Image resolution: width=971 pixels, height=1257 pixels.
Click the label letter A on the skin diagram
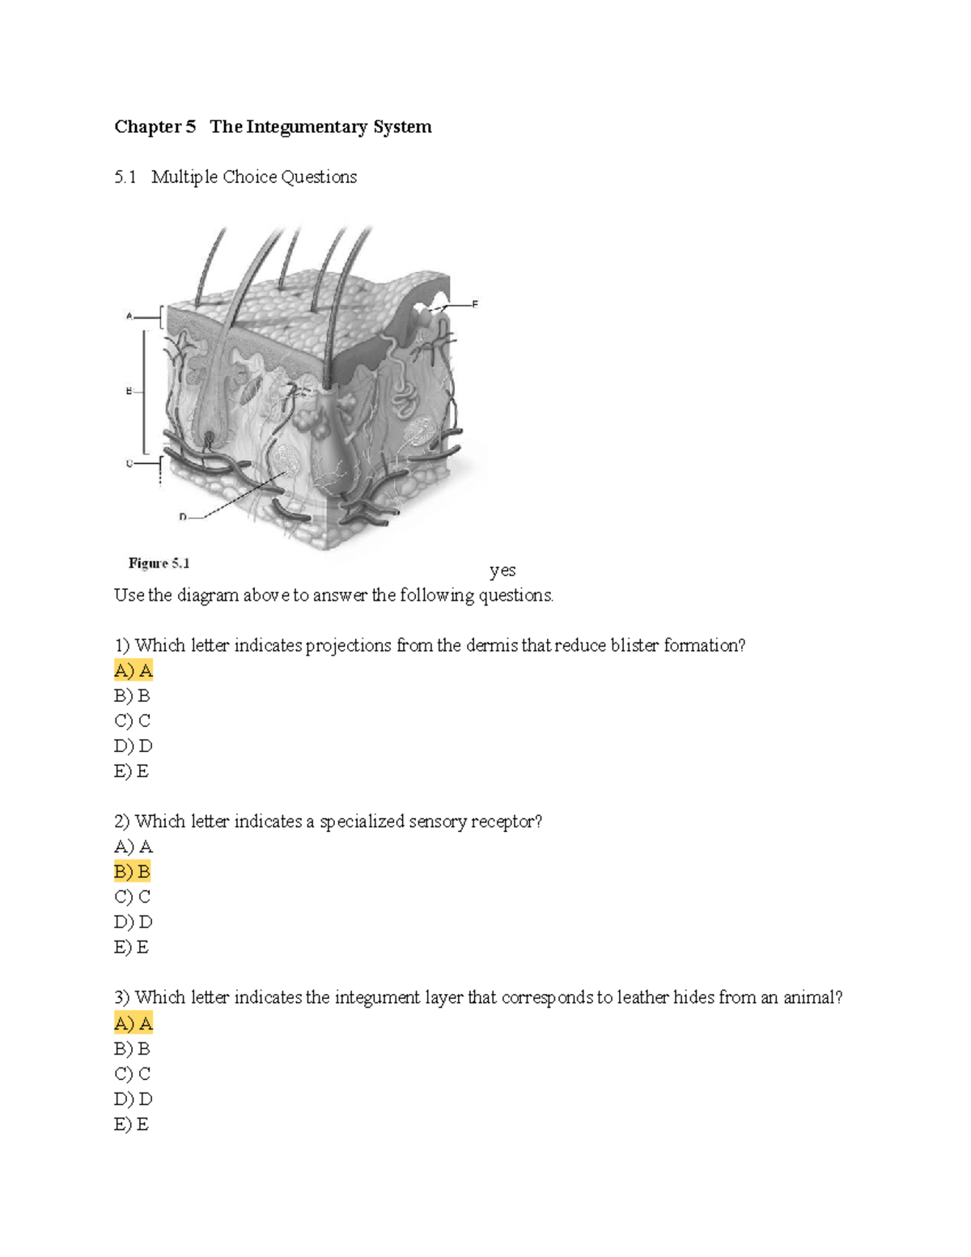point(129,316)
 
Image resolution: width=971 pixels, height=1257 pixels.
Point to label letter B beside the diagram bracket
point(128,392)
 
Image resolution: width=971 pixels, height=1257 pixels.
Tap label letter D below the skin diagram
point(183,516)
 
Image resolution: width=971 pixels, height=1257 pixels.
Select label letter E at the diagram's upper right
point(475,304)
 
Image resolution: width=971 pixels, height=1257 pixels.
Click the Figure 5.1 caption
point(159,563)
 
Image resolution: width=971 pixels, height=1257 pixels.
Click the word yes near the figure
point(502,570)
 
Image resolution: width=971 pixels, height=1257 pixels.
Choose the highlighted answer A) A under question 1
point(134,670)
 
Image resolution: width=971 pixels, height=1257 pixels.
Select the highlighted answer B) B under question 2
point(133,872)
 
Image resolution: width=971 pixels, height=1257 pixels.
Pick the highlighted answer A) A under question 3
point(134,1023)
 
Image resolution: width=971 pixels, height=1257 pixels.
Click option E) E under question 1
point(131,771)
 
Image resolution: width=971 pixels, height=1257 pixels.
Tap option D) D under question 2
point(134,922)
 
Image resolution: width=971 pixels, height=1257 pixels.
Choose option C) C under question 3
point(133,1074)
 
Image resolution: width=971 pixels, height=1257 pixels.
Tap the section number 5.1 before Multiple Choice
point(125,177)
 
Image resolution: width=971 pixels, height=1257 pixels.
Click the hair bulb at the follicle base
point(209,440)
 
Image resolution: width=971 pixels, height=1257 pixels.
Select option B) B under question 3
point(133,1049)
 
